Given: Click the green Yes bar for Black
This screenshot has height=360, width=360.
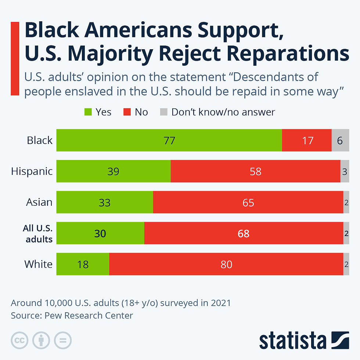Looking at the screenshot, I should (169, 140).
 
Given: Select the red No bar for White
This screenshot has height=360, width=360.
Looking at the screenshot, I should (226, 264).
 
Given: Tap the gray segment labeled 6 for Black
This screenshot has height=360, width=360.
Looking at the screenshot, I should (340, 140).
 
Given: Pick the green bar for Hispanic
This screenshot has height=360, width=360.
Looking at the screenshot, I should (114, 171).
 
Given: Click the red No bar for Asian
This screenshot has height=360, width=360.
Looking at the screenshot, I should (248, 202).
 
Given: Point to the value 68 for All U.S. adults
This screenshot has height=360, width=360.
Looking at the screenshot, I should (244, 233).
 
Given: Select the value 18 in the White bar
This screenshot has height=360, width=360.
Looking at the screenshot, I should (83, 264).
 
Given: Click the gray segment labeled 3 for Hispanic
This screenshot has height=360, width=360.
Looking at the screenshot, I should (345, 171).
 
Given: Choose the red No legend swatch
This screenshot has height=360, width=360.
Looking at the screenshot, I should (127, 112).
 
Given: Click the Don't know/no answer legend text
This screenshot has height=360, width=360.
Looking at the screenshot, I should (223, 112).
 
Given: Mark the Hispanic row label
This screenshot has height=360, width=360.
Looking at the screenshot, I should (32, 171).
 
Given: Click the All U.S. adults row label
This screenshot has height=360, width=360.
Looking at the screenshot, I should (37, 233).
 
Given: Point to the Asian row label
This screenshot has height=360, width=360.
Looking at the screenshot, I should (39, 202).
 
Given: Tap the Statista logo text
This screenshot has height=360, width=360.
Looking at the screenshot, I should (292, 341).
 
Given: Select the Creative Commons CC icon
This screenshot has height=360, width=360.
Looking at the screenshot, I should (20, 341).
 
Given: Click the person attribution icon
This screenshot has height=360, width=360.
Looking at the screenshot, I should (41, 341).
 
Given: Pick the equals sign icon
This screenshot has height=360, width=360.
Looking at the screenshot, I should (63, 341).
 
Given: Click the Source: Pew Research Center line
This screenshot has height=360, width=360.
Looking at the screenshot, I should (72, 316).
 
